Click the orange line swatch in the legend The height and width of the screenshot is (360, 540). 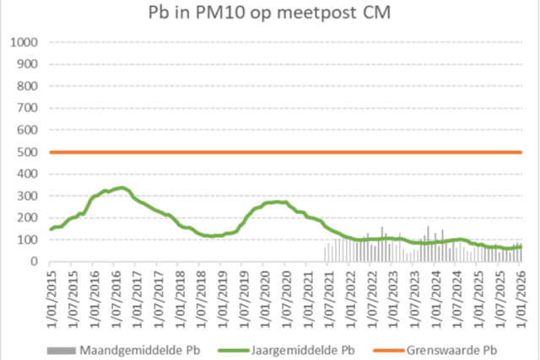pyautogui.click(x=394, y=345)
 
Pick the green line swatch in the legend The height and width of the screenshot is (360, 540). pyautogui.click(x=237, y=345)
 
